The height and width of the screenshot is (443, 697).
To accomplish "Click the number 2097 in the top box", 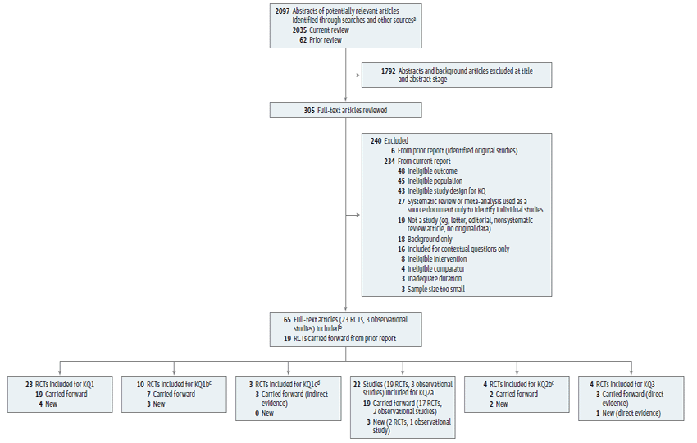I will [283, 10].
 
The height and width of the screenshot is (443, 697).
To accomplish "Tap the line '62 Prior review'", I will [320, 39].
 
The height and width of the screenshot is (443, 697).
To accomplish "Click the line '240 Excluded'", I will [389, 140].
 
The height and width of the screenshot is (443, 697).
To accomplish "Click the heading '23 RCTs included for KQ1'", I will [60, 383].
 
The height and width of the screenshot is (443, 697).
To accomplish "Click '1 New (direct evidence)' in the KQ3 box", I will [627, 413].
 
